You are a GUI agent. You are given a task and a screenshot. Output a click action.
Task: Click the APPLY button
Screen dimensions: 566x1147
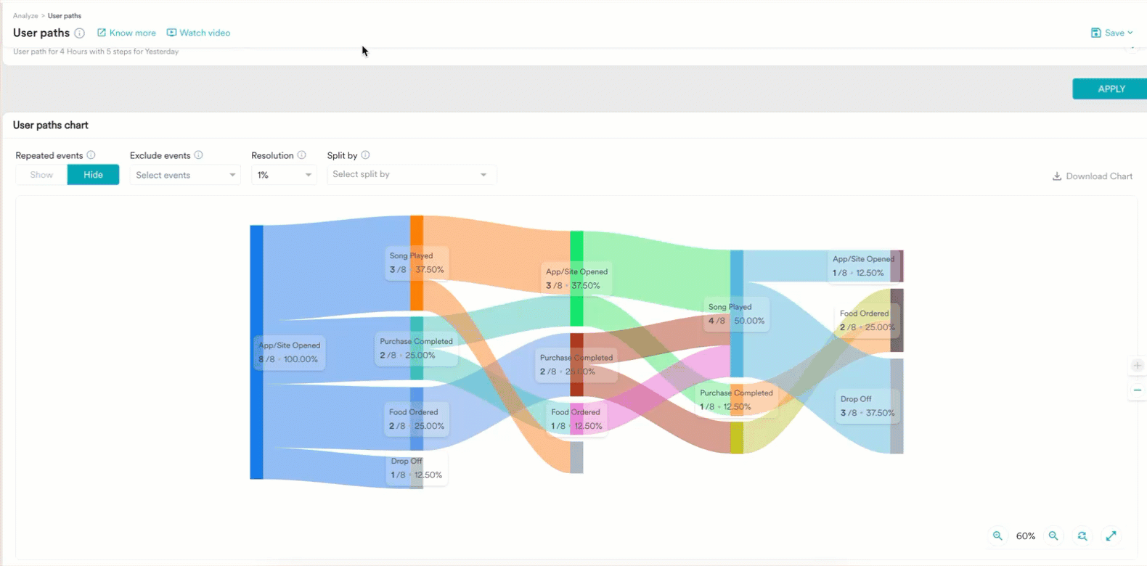tap(1110, 89)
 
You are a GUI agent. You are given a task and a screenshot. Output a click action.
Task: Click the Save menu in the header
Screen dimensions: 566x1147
tap(1111, 33)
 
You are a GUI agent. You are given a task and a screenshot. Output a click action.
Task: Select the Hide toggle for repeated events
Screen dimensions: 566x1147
tap(93, 175)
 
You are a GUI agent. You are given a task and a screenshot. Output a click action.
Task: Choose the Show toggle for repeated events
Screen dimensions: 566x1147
tap(41, 175)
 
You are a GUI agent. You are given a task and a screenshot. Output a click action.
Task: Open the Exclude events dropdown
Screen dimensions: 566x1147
tap(185, 175)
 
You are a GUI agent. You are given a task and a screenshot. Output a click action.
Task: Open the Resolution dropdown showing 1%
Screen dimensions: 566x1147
tap(284, 175)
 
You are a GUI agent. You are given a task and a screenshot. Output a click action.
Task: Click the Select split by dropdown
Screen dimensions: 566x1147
tap(411, 174)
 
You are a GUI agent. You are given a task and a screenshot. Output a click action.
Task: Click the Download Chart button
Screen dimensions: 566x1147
tap(1093, 176)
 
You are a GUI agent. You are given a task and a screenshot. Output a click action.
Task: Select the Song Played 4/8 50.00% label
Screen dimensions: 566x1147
tap(736, 314)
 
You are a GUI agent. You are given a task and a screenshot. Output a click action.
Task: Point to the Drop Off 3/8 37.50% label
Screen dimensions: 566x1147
tap(867, 406)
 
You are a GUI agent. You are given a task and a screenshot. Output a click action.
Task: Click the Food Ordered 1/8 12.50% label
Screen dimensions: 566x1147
tap(576, 419)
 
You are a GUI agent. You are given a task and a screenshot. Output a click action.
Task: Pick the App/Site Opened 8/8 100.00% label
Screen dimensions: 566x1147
tap(289, 353)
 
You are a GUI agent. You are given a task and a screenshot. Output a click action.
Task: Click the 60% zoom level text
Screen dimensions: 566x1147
tap(1025, 536)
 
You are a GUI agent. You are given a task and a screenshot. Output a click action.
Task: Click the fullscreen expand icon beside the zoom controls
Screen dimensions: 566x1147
tap(1111, 536)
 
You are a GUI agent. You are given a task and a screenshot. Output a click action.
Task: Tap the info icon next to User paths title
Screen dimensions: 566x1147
tap(80, 33)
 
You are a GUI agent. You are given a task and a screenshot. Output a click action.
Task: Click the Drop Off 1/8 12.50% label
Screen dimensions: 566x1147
tap(416, 468)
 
